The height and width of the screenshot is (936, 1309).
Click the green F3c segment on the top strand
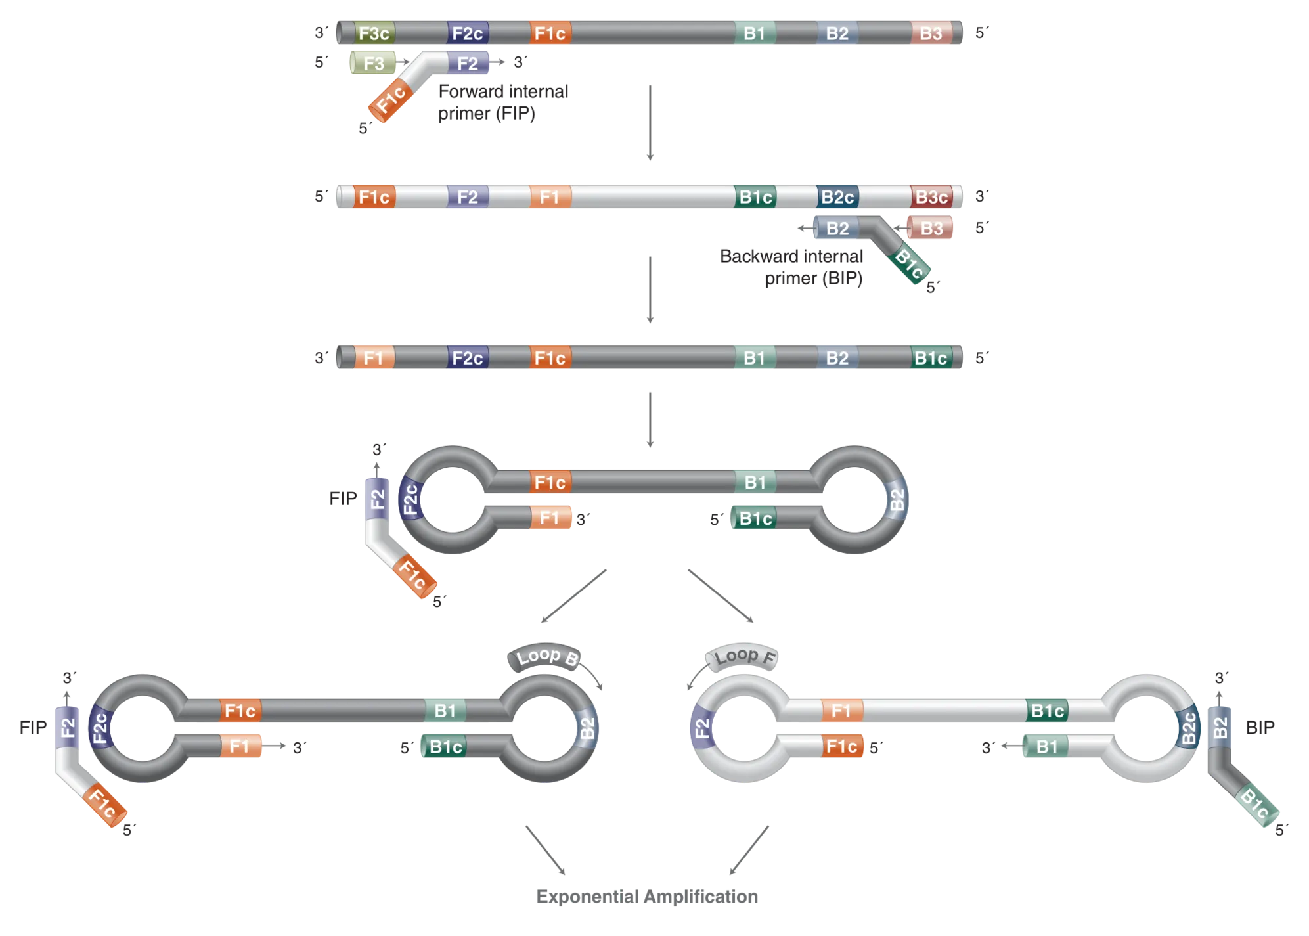[374, 33]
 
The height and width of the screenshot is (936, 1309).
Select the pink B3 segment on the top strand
[931, 33]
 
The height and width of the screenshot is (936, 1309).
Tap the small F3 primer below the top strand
[372, 64]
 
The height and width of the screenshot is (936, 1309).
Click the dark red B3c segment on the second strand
[931, 197]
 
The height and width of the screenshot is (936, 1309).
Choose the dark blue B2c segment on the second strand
[837, 197]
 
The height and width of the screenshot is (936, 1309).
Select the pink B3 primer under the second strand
[931, 229]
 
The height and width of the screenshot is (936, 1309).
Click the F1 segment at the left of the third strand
[373, 358]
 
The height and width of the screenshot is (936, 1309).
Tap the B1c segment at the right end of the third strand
[931, 358]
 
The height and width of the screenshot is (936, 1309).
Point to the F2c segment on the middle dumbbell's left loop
[410, 500]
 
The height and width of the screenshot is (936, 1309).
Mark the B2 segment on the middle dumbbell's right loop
[897, 501]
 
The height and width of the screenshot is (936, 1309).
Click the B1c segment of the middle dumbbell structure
[755, 518]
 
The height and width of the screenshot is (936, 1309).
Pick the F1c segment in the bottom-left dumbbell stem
[240, 711]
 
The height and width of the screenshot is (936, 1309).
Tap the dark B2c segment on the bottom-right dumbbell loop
[1187, 728]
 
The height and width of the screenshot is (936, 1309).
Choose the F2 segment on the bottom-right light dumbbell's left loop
[701, 728]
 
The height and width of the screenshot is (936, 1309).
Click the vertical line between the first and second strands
[651, 123]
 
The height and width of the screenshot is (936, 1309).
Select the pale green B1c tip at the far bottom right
[1256, 805]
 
